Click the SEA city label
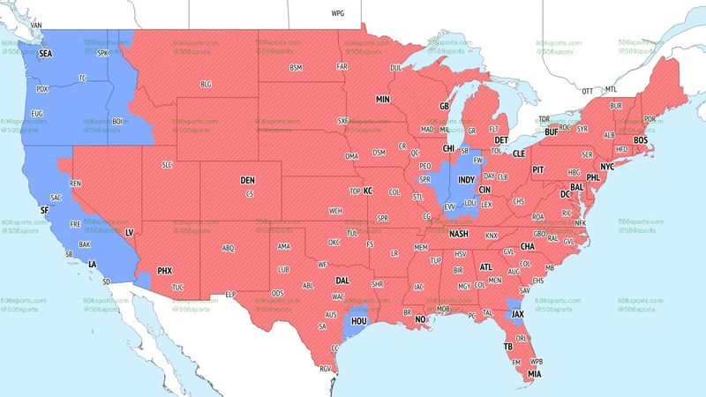coord(44,55)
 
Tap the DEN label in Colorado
coord(248,180)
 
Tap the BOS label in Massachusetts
coord(641,140)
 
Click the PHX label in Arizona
coord(165,270)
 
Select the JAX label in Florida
coord(518,313)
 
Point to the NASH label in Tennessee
coord(459,234)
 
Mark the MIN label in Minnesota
coord(383,100)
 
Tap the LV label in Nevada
coord(129,231)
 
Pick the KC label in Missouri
coord(368,191)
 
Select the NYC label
coord(607,166)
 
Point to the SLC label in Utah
coord(168,165)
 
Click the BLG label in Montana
coord(207,84)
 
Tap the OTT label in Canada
coord(587,91)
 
